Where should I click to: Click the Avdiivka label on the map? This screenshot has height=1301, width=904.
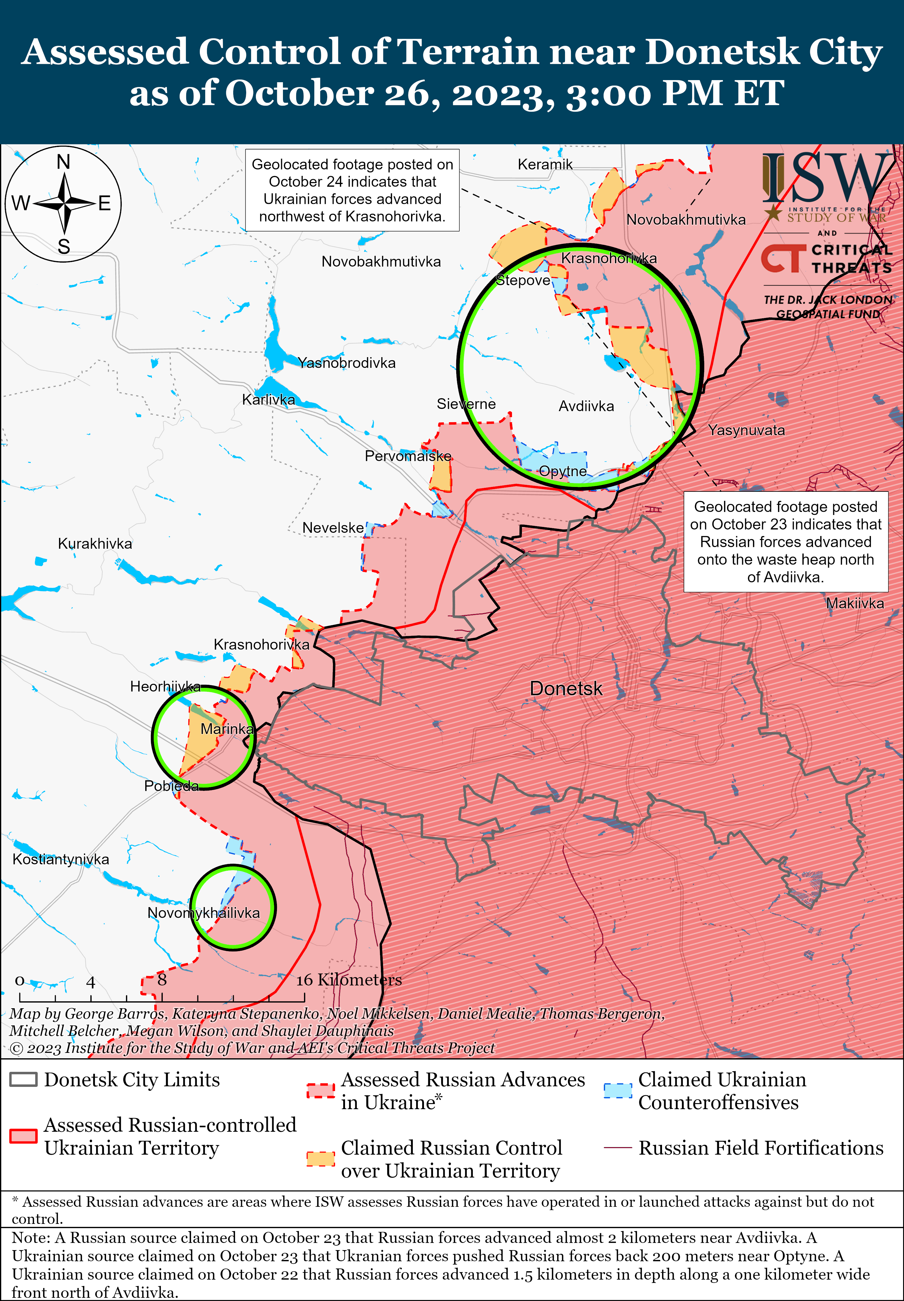pyautogui.click(x=586, y=406)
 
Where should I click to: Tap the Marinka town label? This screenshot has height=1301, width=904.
pyautogui.click(x=227, y=728)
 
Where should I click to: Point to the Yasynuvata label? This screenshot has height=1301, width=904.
pyautogui.click(x=746, y=430)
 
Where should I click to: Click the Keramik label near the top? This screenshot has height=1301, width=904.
pyautogui.click(x=545, y=164)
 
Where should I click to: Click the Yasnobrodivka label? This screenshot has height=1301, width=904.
pyautogui.click(x=347, y=363)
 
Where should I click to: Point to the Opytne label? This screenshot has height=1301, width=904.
pyautogui.click(x=563, y=471)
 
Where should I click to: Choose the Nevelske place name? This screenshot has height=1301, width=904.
pyautogui.click(x=333, y=528)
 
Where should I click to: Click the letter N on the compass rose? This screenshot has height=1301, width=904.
pyautogui.click(x=64, y=162)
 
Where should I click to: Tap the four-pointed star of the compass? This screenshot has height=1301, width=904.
pyautogui.click(x=64, y=203)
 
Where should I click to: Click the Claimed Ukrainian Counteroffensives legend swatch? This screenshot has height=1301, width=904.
pyautogui.click(x=617, y=1090)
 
